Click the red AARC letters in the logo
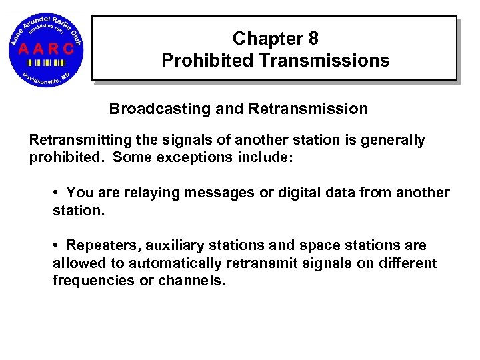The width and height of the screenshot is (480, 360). (x=46, y=48)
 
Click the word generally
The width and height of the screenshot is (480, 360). (x=392, y=141)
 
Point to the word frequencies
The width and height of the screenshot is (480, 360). (x=94, y=281)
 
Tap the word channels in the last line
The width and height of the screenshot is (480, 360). (x=192, y=281)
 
